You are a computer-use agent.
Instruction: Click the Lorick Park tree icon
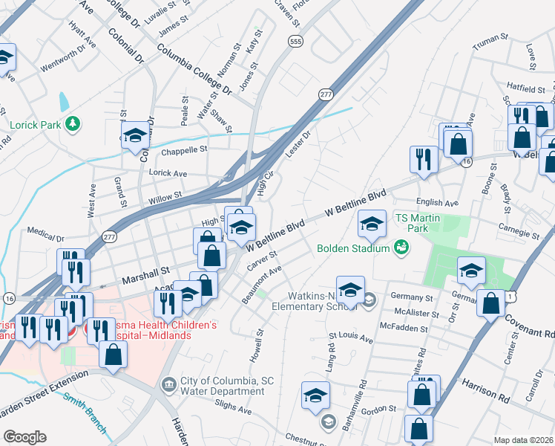click(x=72, y=123)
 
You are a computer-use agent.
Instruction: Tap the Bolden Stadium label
click(x=353, y=248)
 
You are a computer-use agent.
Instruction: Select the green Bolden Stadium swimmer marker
click(x=401, y=247)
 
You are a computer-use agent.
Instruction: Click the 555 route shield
click(x=296, y=42)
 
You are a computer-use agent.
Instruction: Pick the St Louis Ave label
click(x=355, y=337)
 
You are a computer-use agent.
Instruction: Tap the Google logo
click(x=24, y=437)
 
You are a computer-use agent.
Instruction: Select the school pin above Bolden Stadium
click(x=372, y=222)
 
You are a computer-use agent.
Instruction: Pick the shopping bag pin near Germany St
click(x=490, y=303)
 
